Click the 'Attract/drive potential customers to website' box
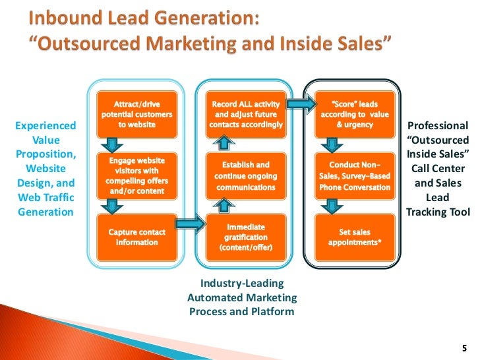tap(136, 114)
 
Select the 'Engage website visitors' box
tap(136, 175)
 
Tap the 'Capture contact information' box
tap(136, 237)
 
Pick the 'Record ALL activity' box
tap(246, 114)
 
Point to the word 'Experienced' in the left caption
tap(46, 126)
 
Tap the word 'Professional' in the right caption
tap(438, 126)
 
